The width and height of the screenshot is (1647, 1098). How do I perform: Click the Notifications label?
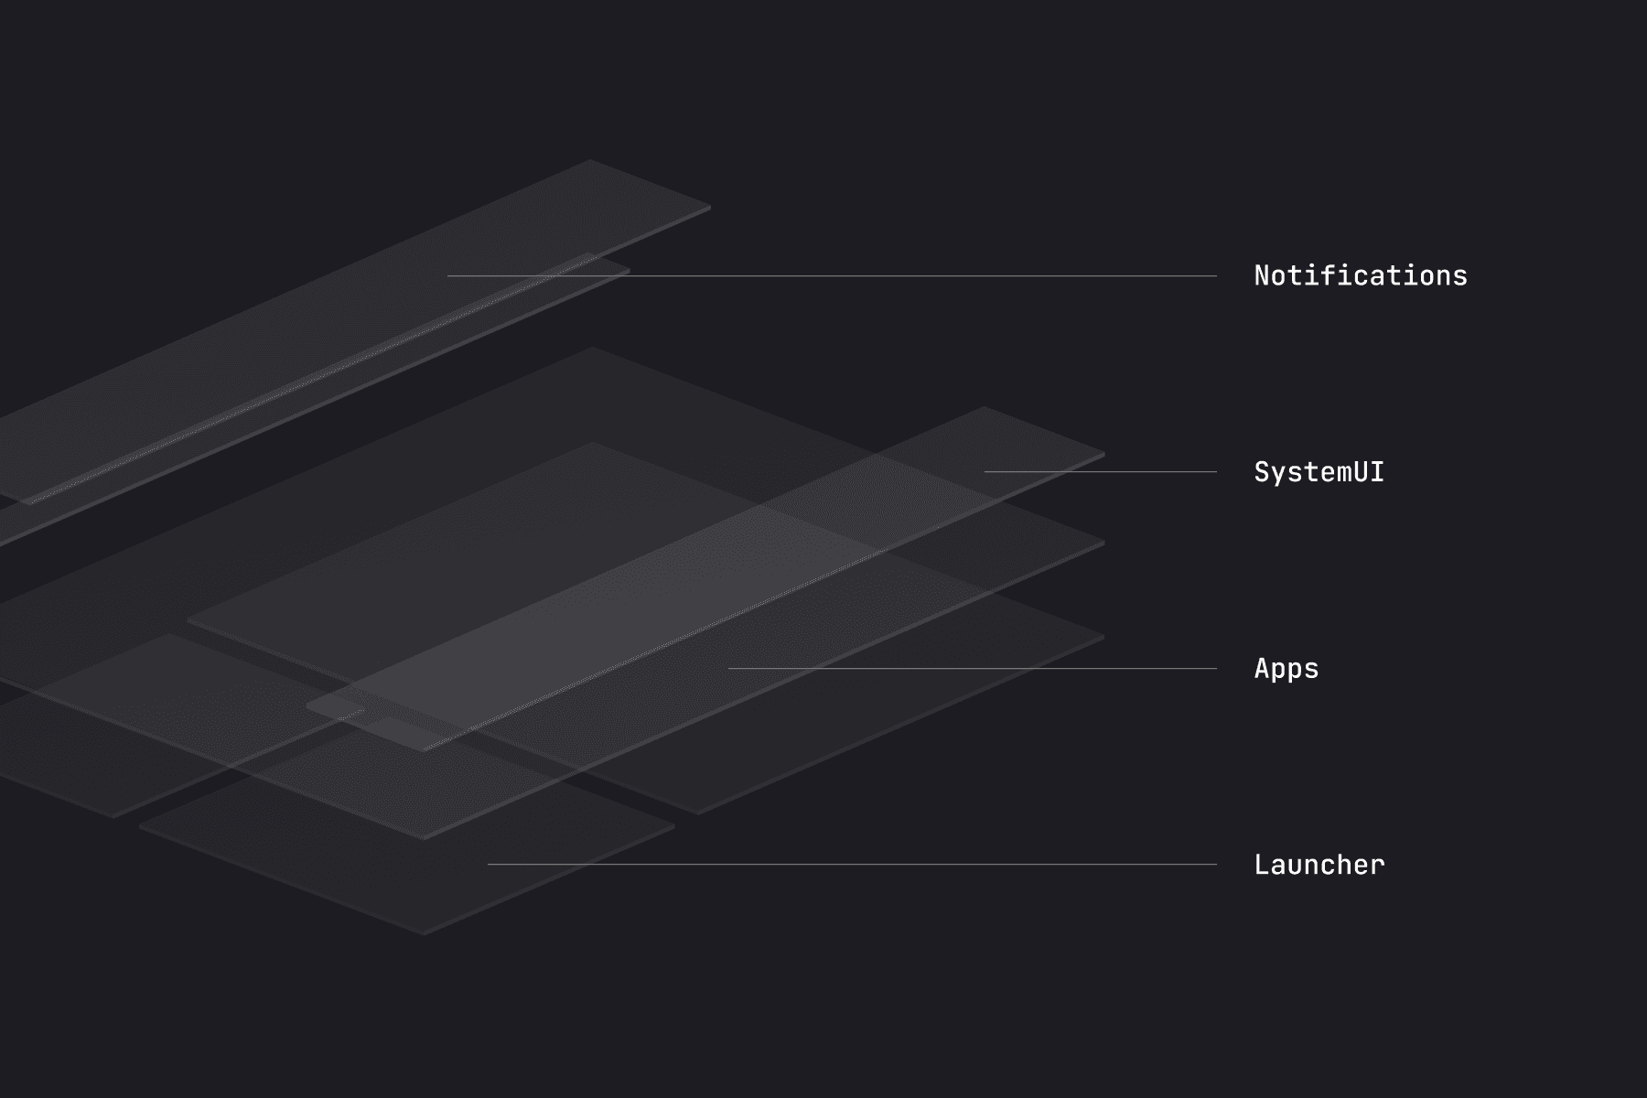[1360, 275]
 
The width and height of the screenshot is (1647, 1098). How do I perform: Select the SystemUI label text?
[1319, 472]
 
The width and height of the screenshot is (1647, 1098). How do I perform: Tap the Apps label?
[1286, 669]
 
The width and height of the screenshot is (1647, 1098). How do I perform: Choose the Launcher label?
[1319, 865]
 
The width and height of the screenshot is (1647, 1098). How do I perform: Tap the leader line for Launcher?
[852, 864]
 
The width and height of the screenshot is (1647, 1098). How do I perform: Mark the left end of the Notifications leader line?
[449, 275]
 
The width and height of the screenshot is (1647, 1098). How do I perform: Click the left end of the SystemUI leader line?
[986, 472]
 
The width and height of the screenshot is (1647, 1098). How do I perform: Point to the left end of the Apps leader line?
[730, 669]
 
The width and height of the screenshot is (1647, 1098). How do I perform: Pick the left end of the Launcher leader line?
[490, 864]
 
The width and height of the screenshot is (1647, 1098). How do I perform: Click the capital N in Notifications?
[1262, 275]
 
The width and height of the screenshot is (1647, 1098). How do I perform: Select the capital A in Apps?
[1262, 669]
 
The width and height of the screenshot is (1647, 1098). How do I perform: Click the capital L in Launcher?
[1262, 865]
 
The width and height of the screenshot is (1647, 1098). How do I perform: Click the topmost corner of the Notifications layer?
[590, 161]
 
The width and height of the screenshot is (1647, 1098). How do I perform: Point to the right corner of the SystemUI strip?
[1103, 454]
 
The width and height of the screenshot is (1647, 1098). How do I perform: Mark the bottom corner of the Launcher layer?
[424, 933]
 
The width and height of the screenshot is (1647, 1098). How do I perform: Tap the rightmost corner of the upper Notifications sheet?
[710, 208]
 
